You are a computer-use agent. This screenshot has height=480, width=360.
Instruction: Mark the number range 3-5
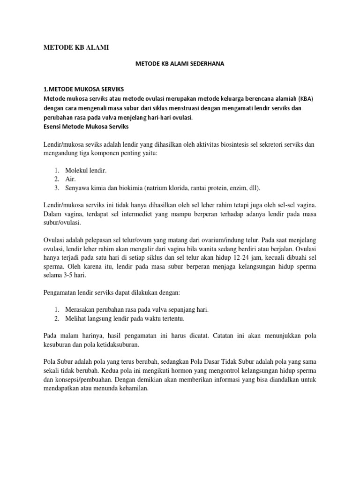point(68,276)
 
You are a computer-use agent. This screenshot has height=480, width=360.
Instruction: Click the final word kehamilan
point(133,388)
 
